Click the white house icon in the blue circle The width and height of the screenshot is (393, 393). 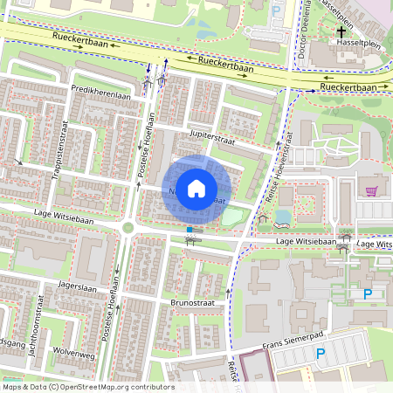point(197,188)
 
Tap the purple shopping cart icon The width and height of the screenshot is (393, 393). point(372,190)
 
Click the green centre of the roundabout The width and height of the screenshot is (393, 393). point(128,228)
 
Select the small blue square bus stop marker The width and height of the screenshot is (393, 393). point(189,230)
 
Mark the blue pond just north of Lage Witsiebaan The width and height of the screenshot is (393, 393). point(283,217)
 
